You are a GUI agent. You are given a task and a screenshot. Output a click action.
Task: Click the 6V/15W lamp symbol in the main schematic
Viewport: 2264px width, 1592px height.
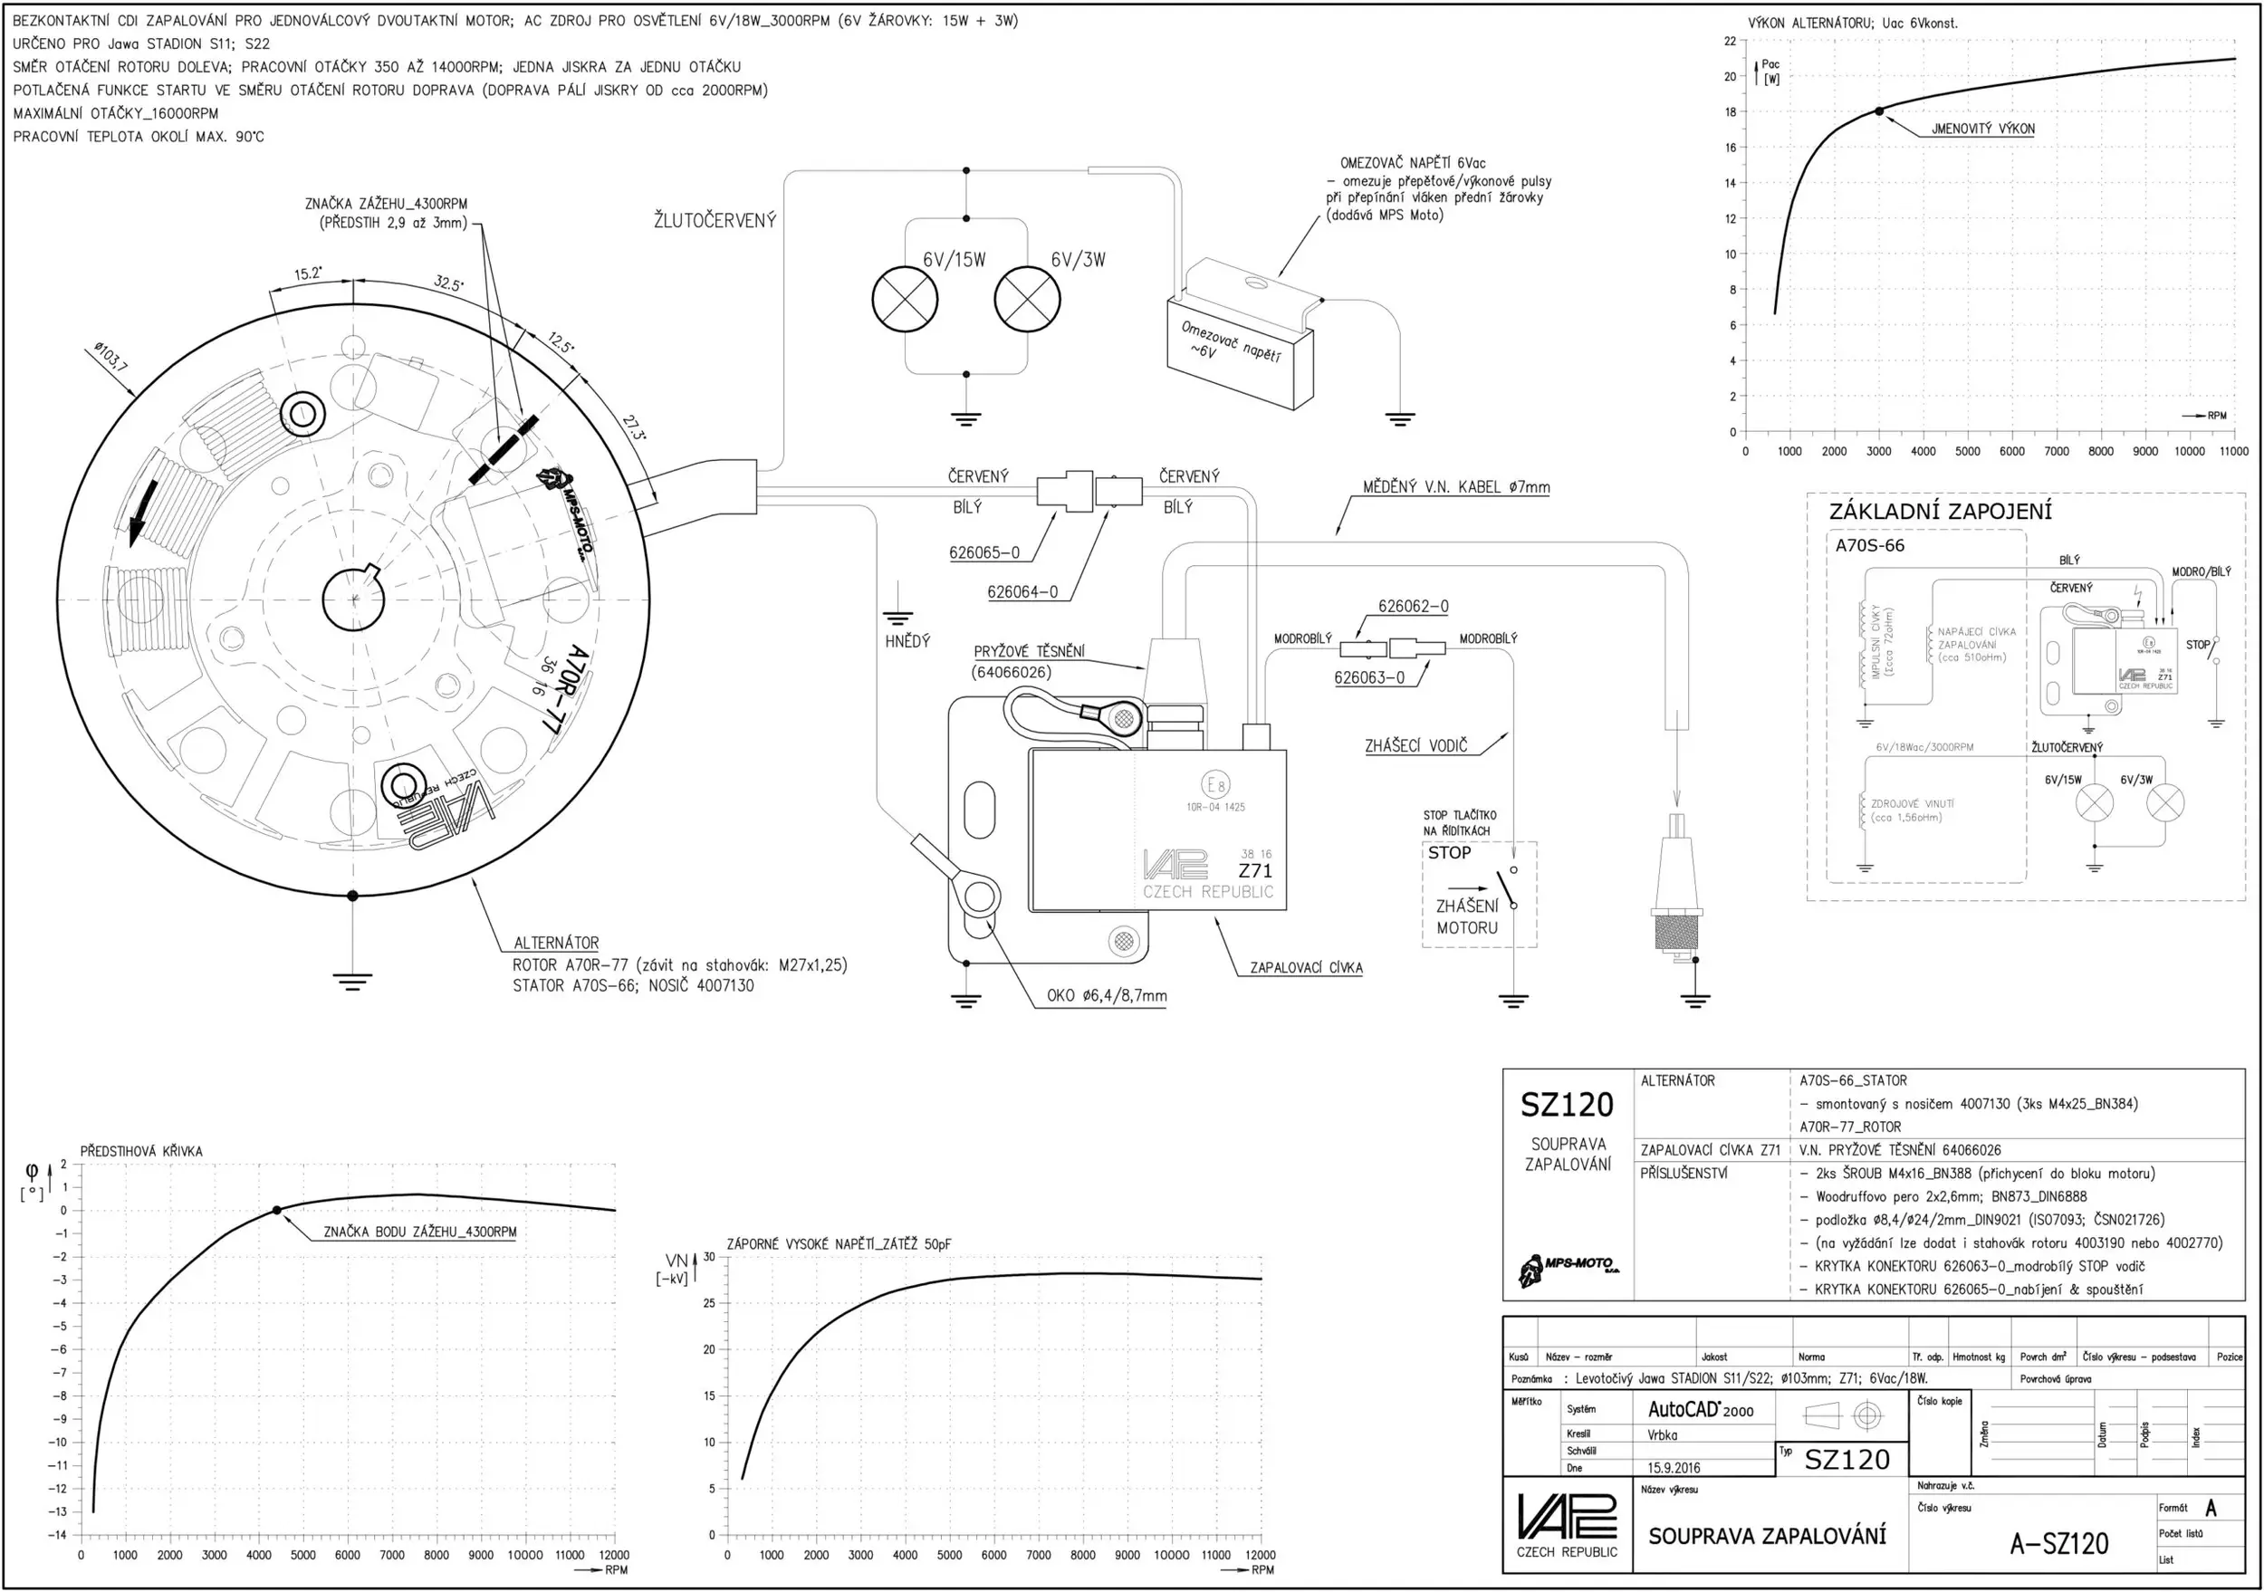[x=904, y=300]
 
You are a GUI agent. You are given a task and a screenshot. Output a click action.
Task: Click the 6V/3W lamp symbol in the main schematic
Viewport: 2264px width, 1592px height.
[x=1028, y=300]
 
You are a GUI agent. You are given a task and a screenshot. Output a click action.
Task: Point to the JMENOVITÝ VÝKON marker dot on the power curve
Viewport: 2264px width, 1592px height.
[x=1878, y=111]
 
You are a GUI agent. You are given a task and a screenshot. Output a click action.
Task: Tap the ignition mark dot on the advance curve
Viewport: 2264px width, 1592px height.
[x=277, y=1210]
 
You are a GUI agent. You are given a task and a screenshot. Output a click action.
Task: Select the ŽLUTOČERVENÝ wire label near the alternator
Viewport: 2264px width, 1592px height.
[x=715, y=221]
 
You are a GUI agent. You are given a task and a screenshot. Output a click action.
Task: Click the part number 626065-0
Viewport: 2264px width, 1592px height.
[x=984, y=553]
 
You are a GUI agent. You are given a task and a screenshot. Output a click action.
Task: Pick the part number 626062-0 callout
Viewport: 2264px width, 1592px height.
[x=1413, y=606]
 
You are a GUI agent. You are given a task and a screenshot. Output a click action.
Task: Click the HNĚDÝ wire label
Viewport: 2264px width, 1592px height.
[x=907, y=642]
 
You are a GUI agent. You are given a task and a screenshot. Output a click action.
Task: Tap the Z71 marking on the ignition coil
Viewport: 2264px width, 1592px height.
[x=1255, y=871]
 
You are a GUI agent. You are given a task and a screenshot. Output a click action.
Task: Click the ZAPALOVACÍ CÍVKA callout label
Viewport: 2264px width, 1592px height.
[x=1306, y=968]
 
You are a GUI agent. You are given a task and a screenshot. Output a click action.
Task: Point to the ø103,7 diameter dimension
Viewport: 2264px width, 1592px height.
[x=110, y=357]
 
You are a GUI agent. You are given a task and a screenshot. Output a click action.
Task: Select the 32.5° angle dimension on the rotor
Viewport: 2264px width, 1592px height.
[x=448, y=284]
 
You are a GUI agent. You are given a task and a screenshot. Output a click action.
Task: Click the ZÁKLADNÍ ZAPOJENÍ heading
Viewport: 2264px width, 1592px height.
[x=1940, y=512]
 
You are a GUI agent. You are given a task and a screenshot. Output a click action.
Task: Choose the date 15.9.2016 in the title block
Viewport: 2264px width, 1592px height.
[x=1674, y=1468]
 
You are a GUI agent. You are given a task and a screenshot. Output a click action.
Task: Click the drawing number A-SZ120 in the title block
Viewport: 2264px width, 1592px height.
[x=2059, y=1544]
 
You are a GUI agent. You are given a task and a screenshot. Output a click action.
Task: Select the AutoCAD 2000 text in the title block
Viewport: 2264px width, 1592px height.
[x=1700, y=1410]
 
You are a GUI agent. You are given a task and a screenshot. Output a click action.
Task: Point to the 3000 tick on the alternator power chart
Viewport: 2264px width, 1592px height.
[x=1878, y=452]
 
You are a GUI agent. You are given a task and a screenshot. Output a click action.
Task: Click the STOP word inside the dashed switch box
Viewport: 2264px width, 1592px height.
[x=1449, y=853]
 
